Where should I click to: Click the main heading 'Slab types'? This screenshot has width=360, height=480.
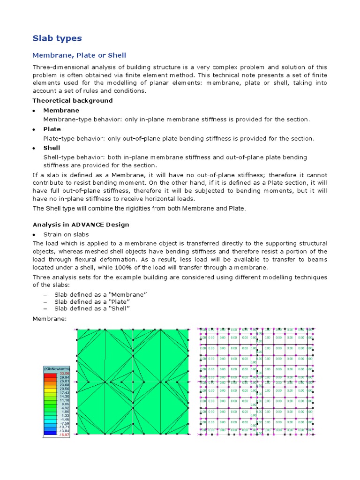click(57, 38)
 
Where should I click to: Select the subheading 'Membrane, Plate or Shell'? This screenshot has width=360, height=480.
click(79, 55)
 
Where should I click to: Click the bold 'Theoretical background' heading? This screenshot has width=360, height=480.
click(72, 100)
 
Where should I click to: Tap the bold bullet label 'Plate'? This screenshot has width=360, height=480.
click(52, 129)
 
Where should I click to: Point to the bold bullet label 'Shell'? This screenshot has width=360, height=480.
click(52, 148)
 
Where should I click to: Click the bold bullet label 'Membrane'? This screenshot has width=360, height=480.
click(61, 110)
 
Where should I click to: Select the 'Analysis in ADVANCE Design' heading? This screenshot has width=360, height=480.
click(81, 225)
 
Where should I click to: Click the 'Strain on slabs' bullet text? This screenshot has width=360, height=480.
click(66, 234)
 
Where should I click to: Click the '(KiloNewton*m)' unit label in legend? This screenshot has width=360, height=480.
click(57, 369)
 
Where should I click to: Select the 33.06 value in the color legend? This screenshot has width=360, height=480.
click(64, 374)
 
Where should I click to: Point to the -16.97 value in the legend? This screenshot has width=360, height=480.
click(64, 435)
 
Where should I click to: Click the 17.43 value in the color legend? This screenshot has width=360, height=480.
click(64, 393)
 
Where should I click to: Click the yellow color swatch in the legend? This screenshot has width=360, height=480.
click(50, 391)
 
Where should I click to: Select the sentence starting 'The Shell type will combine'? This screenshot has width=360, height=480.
click(139, 208)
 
